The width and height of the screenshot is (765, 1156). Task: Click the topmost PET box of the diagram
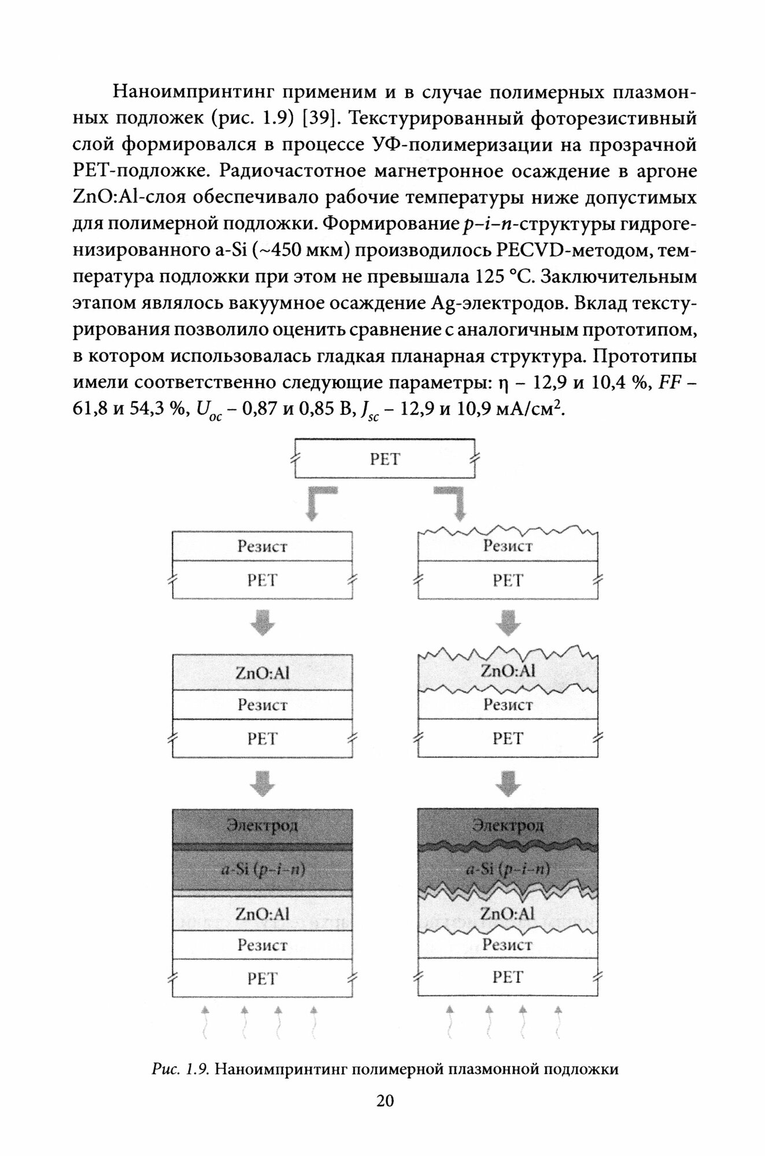(385, 459)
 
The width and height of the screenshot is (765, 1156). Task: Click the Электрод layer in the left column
(263, 825)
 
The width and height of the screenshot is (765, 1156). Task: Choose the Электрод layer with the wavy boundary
(508, 825)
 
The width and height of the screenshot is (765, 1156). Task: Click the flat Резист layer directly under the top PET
(263, 546)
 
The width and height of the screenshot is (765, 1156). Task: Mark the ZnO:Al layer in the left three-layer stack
(263, 673)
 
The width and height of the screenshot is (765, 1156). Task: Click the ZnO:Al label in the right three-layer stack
(508, 671)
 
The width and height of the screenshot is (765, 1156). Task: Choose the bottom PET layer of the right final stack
(508, 977)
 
